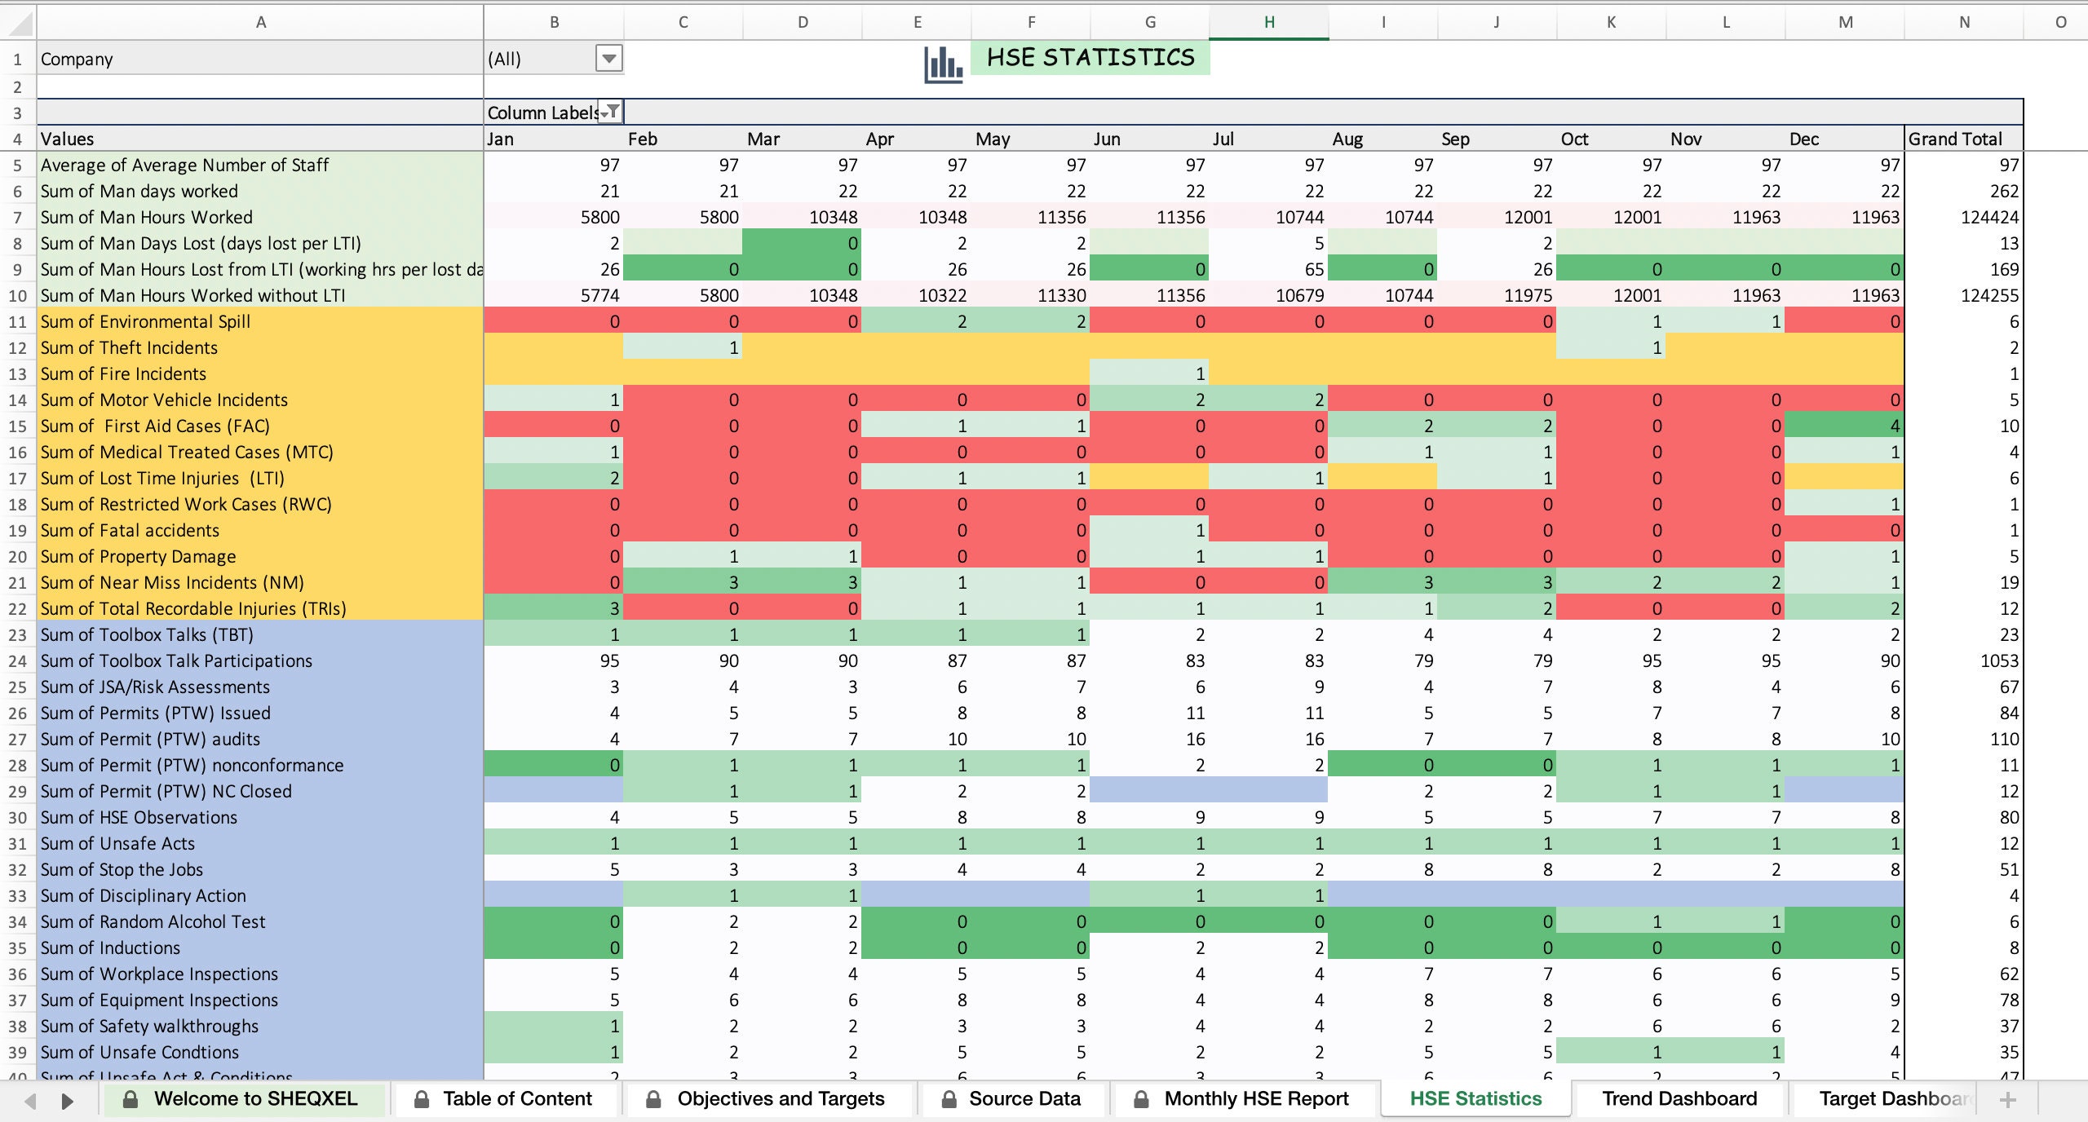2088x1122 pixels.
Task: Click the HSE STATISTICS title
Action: point(1090,58)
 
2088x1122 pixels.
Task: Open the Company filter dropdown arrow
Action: point(608,59)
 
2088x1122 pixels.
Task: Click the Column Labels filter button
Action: point(610,113)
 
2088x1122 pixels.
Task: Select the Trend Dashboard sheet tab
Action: point(1679,1098)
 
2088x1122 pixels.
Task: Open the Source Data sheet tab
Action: point(1024,1098)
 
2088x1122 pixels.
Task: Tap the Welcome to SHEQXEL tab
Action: point(254,1098)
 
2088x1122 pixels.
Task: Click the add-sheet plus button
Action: point(2007,1100)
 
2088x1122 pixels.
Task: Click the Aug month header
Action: point(1347,139)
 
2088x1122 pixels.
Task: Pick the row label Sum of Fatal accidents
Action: point(130,530)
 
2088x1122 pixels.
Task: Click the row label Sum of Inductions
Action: point(111,948)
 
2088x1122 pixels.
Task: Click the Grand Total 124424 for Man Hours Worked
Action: point(1989,217)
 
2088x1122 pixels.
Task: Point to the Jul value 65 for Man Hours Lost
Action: point(1313,269)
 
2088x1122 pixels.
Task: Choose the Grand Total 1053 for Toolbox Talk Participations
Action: point(1999,660)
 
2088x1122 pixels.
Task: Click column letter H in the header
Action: point(1269,22)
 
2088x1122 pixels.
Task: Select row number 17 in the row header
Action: point(17,478)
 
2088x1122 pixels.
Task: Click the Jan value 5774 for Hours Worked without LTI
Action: point(599,295)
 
